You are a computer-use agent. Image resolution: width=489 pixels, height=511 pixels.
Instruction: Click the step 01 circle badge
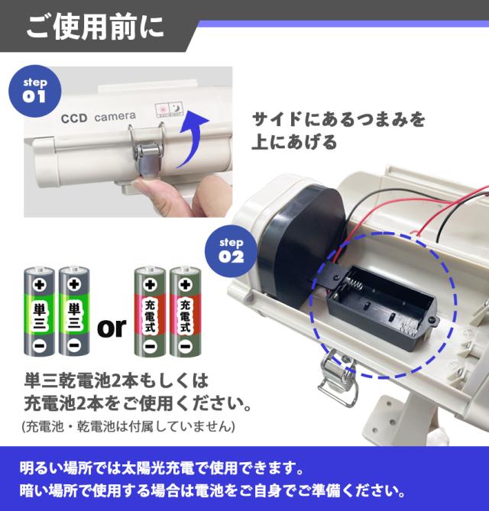35,91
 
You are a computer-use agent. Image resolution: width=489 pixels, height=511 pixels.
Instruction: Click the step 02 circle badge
232,251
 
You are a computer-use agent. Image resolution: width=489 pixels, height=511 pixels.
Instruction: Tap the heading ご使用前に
95,27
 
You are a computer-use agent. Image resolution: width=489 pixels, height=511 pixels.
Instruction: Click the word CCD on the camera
74,118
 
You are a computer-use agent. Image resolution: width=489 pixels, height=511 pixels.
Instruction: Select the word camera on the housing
115,116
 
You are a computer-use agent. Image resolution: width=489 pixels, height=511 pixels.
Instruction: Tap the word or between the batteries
112,327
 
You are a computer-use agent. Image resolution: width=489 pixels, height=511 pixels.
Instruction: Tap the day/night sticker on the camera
169,109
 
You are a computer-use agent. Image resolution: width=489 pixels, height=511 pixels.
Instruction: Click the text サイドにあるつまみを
338,119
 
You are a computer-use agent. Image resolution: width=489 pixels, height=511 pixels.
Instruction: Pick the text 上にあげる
293,142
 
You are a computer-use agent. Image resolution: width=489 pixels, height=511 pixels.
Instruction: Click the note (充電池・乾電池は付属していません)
128,426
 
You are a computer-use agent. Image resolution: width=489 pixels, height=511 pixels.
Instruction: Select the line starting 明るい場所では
161,468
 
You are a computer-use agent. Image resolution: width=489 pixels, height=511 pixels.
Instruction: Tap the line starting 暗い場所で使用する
212,490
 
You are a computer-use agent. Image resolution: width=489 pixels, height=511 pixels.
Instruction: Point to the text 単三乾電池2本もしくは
116,380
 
